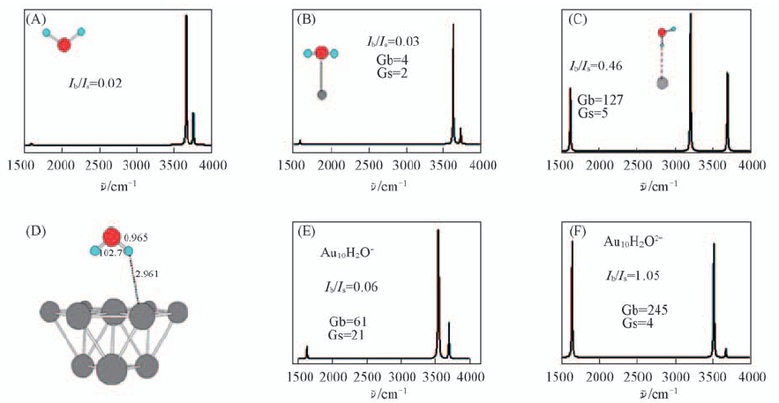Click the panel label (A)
coord(36,17)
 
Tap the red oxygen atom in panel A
coord(64,44)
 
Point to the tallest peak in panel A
coord(186,22)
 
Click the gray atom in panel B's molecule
coord(322,94)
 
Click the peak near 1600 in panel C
coord(570,93)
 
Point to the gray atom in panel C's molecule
coord(663,84)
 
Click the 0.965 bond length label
coord(136,239)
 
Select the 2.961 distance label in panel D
coord(146,274)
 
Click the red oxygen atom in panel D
coord(111,237)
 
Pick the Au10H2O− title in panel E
coord(348,252)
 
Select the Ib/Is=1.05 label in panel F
coord(639,273)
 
